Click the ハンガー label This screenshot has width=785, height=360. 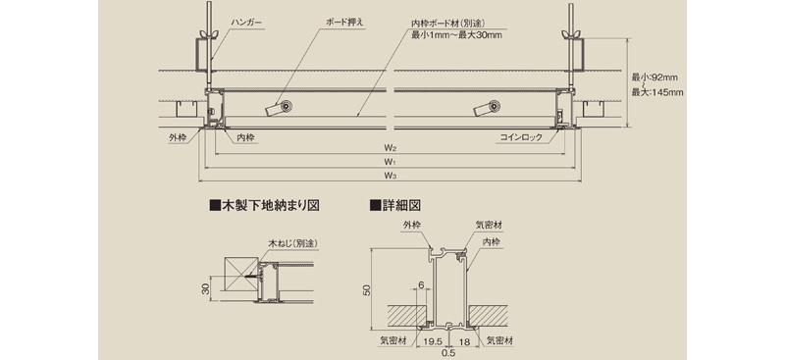click(246, 23)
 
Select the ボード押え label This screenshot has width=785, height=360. click(344, 23)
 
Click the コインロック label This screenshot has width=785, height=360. click(521, 137)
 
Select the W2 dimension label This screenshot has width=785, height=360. click(391, 148)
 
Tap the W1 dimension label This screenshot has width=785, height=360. click(391, 162)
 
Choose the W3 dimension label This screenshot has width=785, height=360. click(391, 176)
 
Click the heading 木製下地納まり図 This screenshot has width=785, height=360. click(265, 205)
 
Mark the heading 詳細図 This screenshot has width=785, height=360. click(395, 205)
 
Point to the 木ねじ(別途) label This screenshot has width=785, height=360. click(293, 243)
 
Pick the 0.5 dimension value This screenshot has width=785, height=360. click(448, 352)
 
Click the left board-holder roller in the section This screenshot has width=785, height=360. click(287, 106)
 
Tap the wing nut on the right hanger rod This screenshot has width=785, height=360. click(570, 34)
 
